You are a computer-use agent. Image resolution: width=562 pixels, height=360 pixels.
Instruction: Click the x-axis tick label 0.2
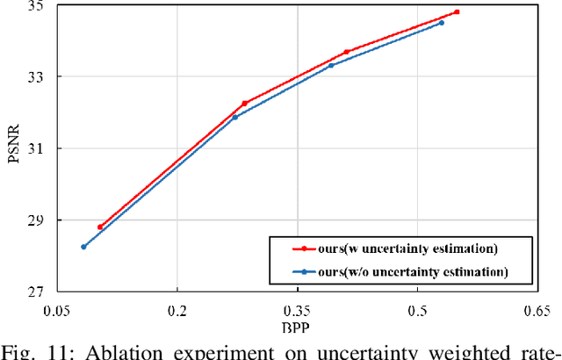point(177,310)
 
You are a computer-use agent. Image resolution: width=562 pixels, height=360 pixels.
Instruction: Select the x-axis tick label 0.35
point(297,310)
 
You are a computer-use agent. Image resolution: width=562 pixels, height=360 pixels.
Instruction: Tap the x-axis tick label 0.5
point(417,310)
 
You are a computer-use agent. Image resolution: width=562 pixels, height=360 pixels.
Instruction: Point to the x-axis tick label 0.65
point(536,310)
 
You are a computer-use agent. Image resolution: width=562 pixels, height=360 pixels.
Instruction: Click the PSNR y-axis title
point(11,148)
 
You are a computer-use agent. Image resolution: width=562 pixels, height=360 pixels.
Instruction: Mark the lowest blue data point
point(83,247)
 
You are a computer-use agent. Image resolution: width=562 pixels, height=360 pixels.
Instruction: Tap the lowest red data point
point(99,227)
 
